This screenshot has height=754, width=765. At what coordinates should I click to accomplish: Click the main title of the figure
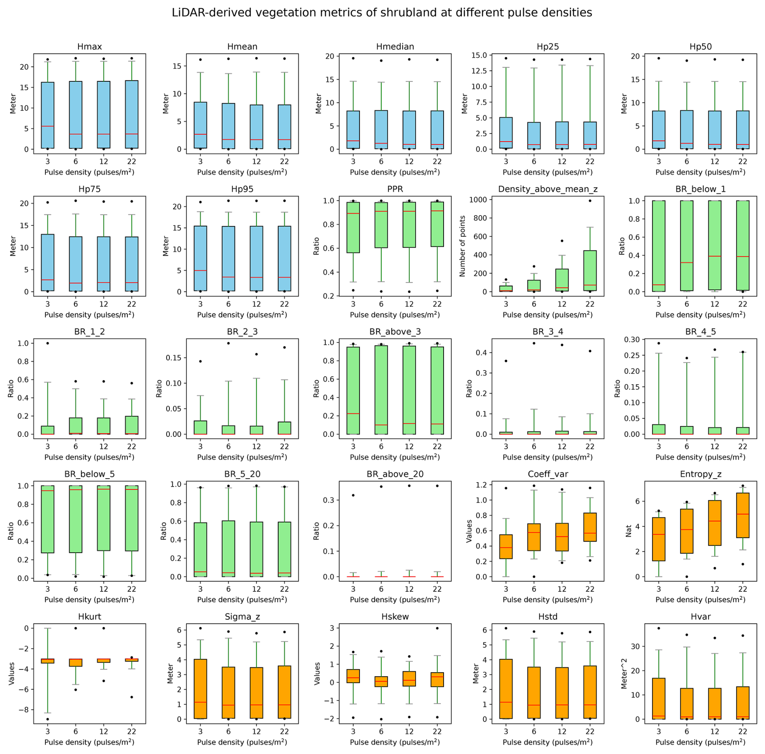[382, 13]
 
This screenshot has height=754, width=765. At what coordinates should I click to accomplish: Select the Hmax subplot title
[89, 47]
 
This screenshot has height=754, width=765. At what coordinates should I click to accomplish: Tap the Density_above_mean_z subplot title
[547, 189]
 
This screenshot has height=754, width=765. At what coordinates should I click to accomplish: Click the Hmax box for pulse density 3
[48, 115]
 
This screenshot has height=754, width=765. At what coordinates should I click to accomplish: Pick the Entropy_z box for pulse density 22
[743, 515]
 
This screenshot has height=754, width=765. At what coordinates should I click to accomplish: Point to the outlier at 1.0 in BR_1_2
[48, 343]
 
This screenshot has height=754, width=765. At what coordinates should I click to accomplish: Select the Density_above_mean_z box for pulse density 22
[590, 270]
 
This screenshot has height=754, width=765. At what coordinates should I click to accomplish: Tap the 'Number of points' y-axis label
[463, 246]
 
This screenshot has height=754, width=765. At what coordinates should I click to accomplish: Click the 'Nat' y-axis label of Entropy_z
[628, 531]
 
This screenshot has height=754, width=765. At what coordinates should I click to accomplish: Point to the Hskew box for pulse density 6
[381, 681]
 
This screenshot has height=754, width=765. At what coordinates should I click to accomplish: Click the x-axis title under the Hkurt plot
[89, 742]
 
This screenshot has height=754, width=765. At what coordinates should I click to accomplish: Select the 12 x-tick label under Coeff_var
[562, 589]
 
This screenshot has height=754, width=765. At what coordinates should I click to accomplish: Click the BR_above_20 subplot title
[395, 474]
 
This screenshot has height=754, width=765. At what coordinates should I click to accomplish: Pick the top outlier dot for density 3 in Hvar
[659, 628]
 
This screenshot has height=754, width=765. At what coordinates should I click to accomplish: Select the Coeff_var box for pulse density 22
[590, 527]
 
